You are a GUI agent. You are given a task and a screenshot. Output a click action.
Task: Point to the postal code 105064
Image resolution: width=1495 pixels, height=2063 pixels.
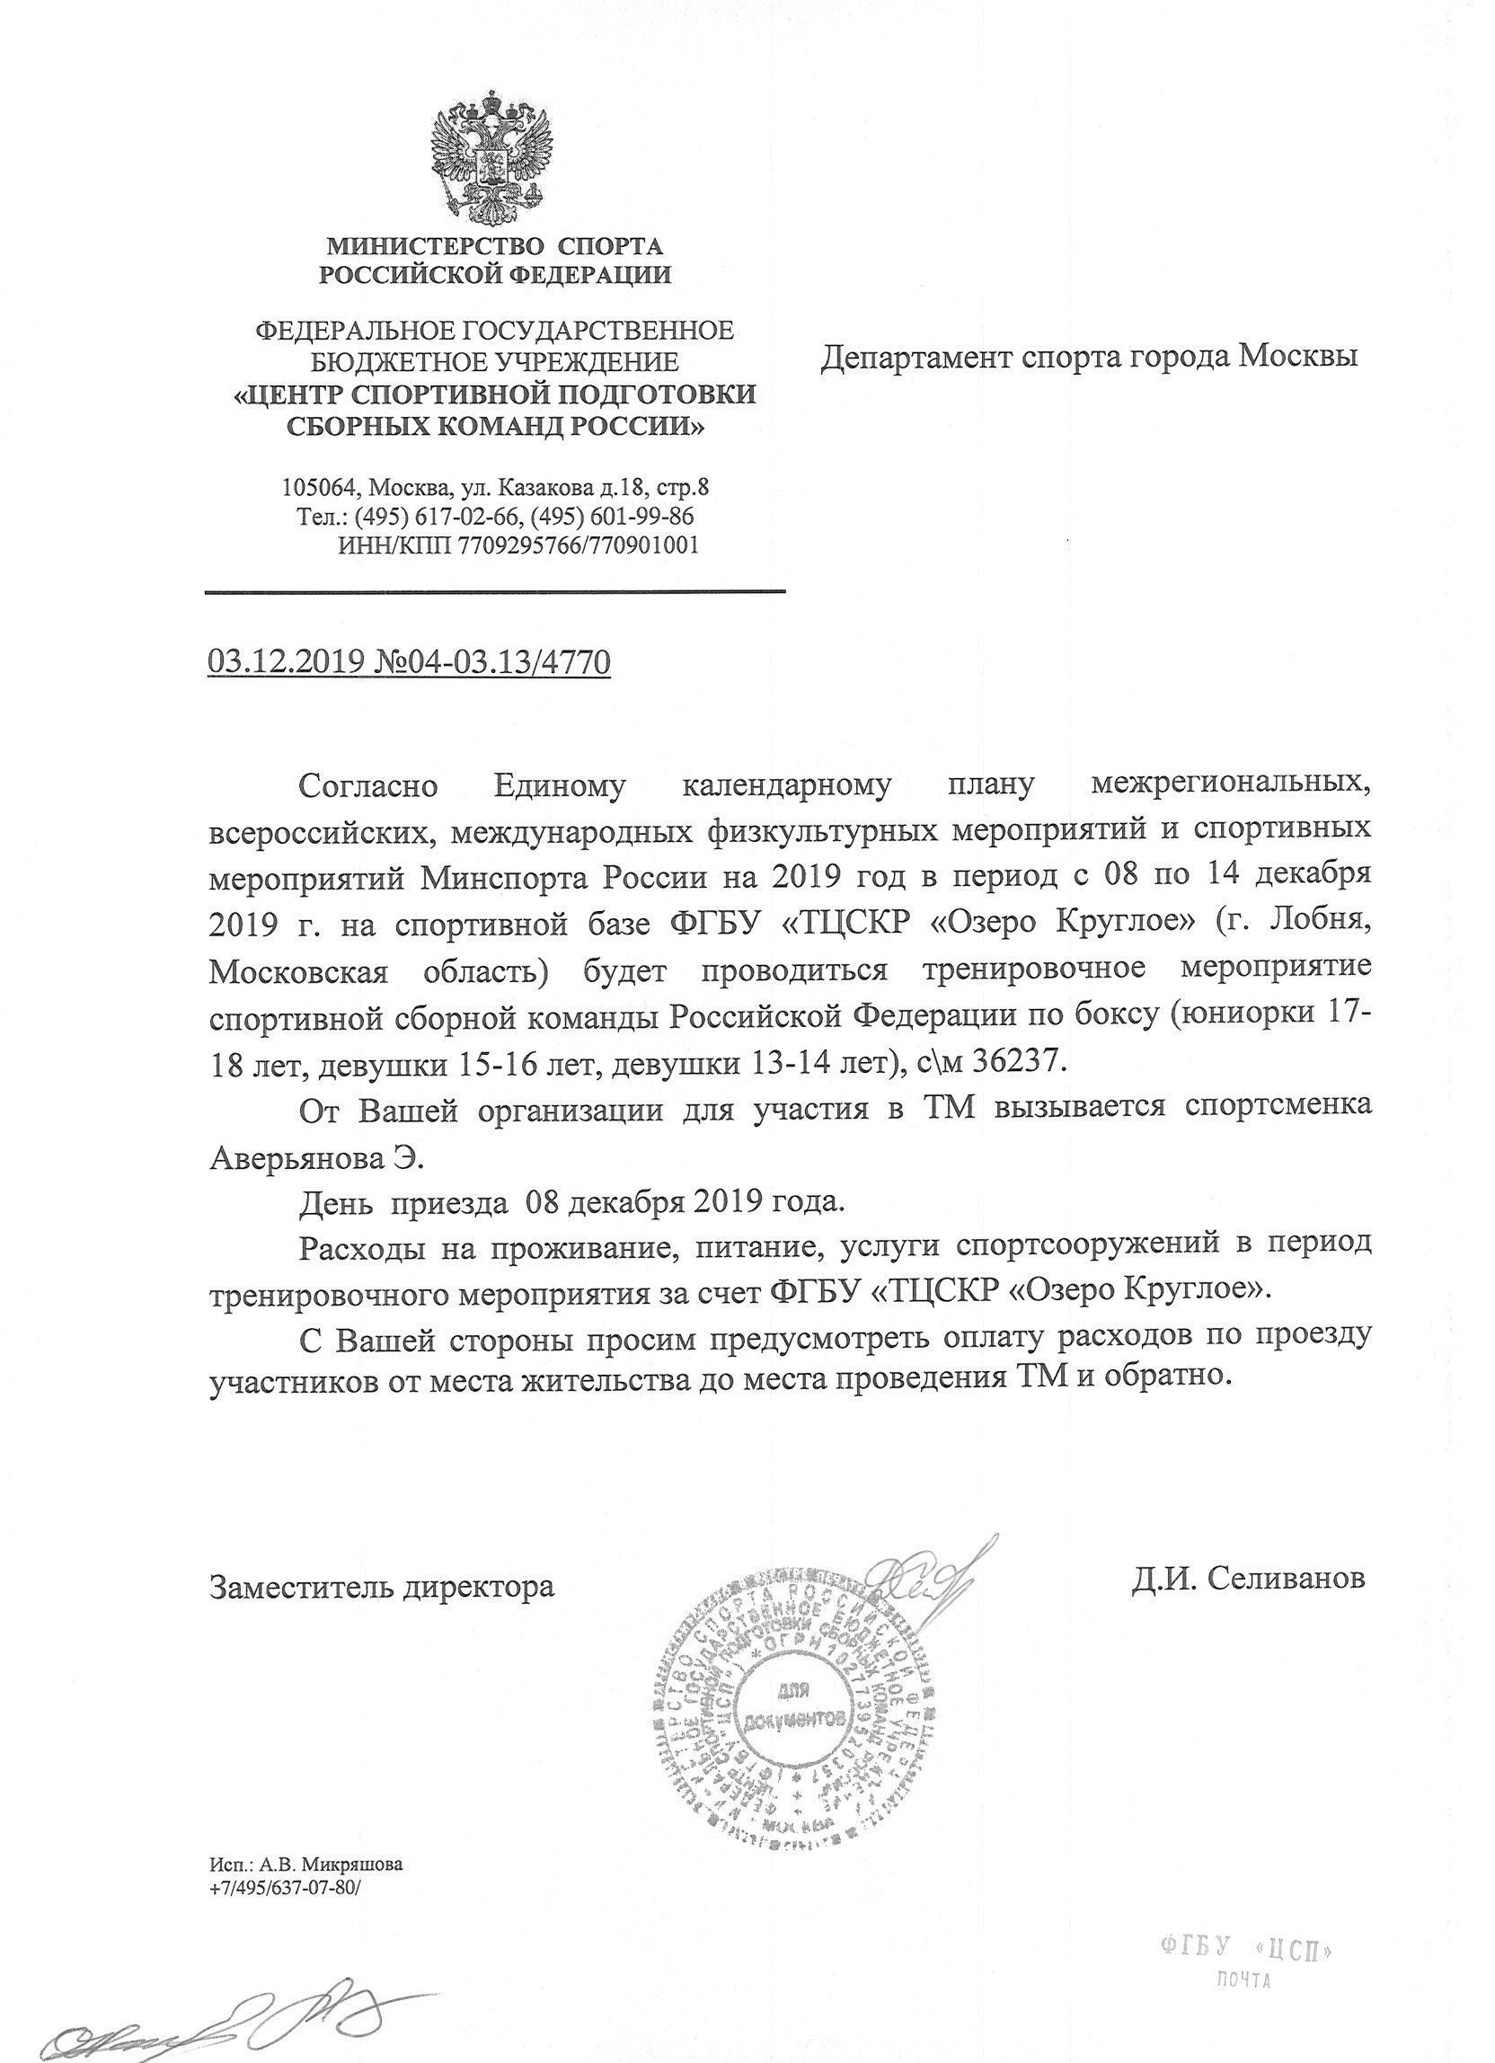point(316,488)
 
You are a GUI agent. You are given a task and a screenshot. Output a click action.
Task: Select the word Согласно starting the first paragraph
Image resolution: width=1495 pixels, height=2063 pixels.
point(368,786)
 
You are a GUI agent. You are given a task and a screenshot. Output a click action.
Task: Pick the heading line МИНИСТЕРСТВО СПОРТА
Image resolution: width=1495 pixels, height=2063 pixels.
point(495,245)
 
